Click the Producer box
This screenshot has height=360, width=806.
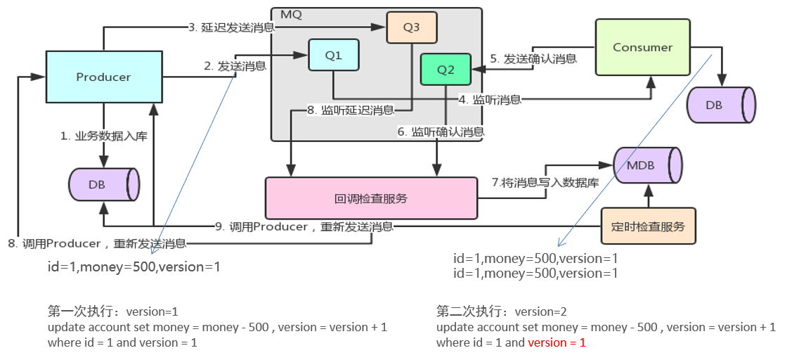coord(104,77)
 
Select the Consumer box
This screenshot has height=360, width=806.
coord(642,48)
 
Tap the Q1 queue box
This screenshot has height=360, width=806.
coord(334,55)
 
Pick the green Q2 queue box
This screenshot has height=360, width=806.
coord(446,70)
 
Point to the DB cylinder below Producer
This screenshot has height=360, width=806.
coord(103,184)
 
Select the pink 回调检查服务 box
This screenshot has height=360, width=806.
coord(370,198)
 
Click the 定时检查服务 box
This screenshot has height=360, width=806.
coord(648,226)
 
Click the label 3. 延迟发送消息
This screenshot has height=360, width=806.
coord(231,28)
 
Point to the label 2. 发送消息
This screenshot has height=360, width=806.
coord(235,66)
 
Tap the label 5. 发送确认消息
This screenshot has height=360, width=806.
coord(533,59)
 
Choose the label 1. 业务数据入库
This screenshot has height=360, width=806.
coord(103,136)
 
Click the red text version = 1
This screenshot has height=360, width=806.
coord(557,342)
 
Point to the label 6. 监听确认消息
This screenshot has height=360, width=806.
coord(441,131)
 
